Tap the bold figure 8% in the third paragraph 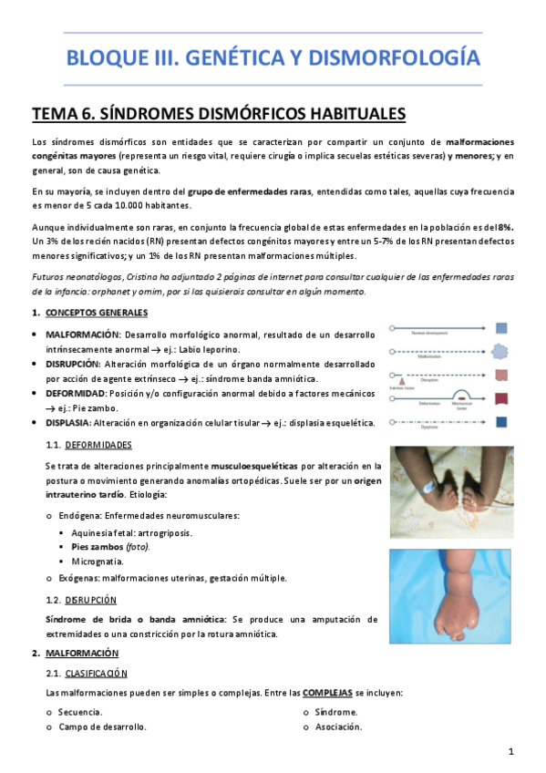pyautogui.click(x=505, y=225)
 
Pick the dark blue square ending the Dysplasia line pyautogui.click(x=502, y=421)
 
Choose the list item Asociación pyautogui.click(x=338, y=727)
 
